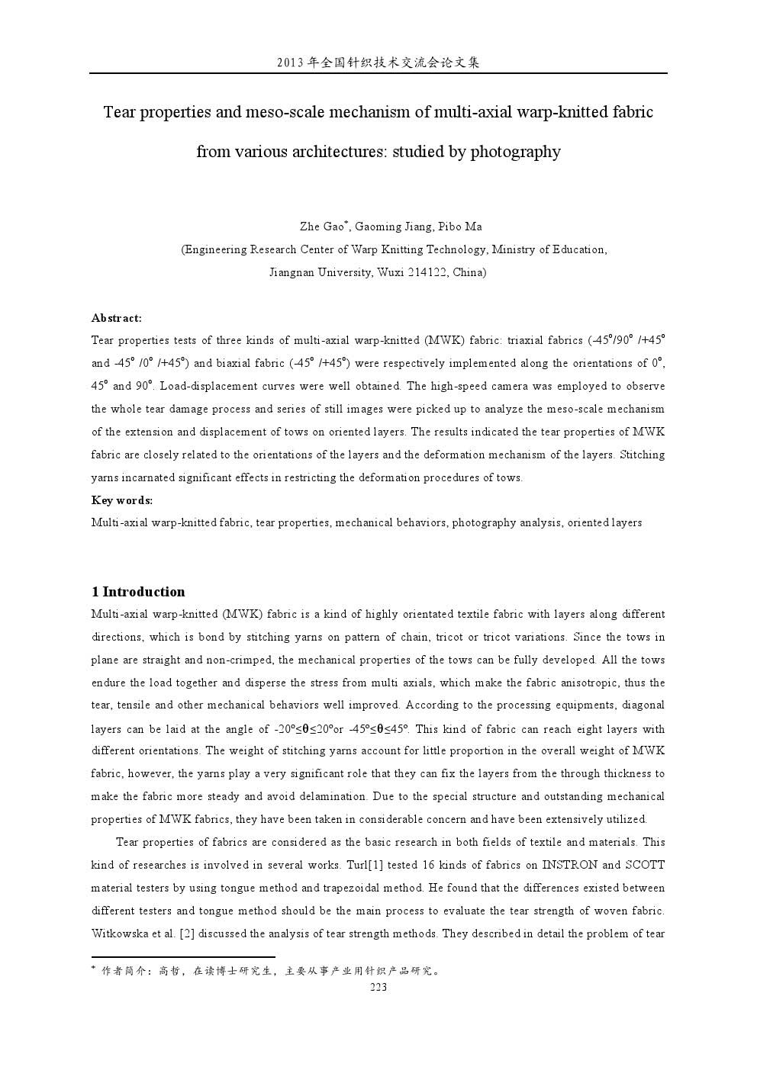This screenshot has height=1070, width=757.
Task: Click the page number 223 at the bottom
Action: (x=378, y=987)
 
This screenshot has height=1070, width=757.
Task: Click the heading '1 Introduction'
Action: (x=138, y=592)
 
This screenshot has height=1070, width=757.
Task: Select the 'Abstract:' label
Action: (x=117, y=318)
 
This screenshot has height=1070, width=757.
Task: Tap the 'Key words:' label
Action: (x=122, y=500)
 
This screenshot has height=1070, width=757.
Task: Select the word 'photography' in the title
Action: (x=515, y=152)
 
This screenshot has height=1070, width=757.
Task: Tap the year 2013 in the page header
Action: (x=291, y=63)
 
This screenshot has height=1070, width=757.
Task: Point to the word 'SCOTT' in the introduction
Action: (x=645, y=865)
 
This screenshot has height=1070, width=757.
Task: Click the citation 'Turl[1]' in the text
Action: (x=367, y=865)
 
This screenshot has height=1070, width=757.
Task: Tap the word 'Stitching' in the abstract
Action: (x=642, y=455)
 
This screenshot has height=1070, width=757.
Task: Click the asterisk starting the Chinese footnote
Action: (x=93, y=969)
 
